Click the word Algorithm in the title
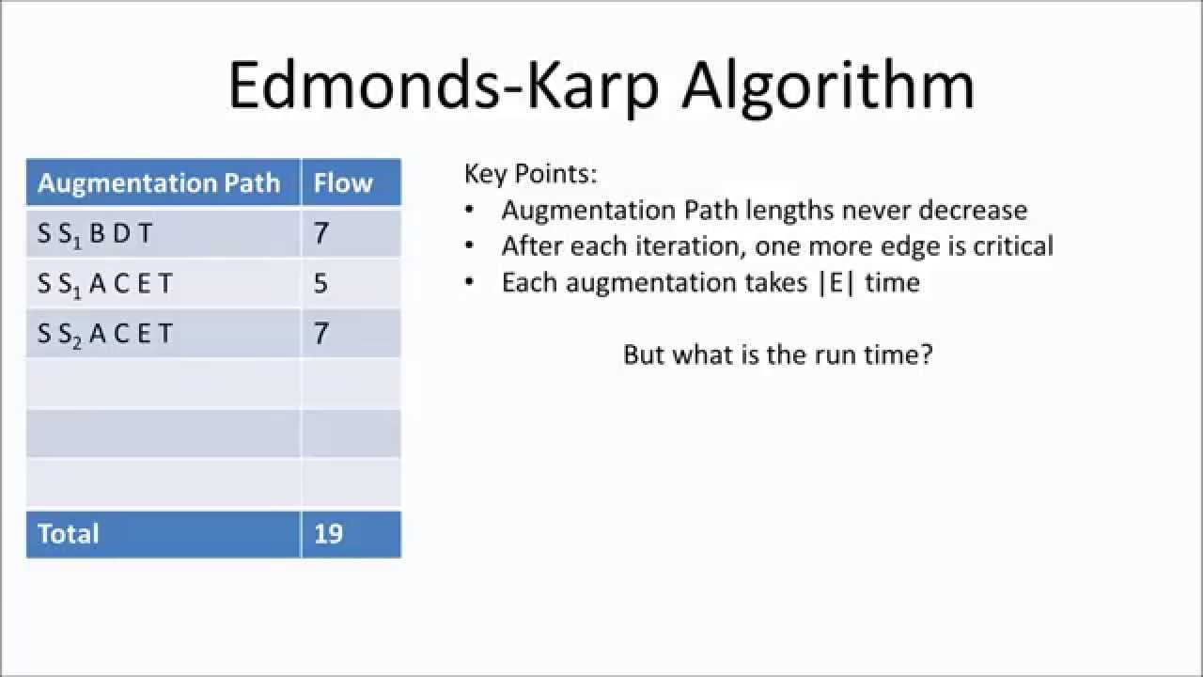pos(828,87)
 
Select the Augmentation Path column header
pos(159,182)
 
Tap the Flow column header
pos(343,182)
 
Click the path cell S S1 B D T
pos(95,233)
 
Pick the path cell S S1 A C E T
pos(105,283)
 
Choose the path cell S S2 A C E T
pos(105,333)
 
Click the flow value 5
pos(320,283)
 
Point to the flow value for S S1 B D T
pos(321,233)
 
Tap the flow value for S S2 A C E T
pos(321,333)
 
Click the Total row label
pos(68,533)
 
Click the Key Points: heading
pos(531,174)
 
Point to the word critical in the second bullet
pos(1008,246)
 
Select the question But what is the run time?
pos(777,355)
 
